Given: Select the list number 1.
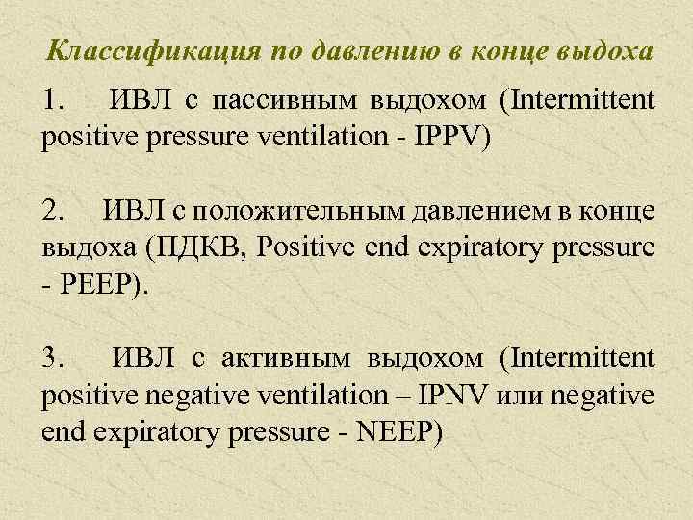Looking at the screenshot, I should (52, 99).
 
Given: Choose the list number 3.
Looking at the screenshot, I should (54, 358).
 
